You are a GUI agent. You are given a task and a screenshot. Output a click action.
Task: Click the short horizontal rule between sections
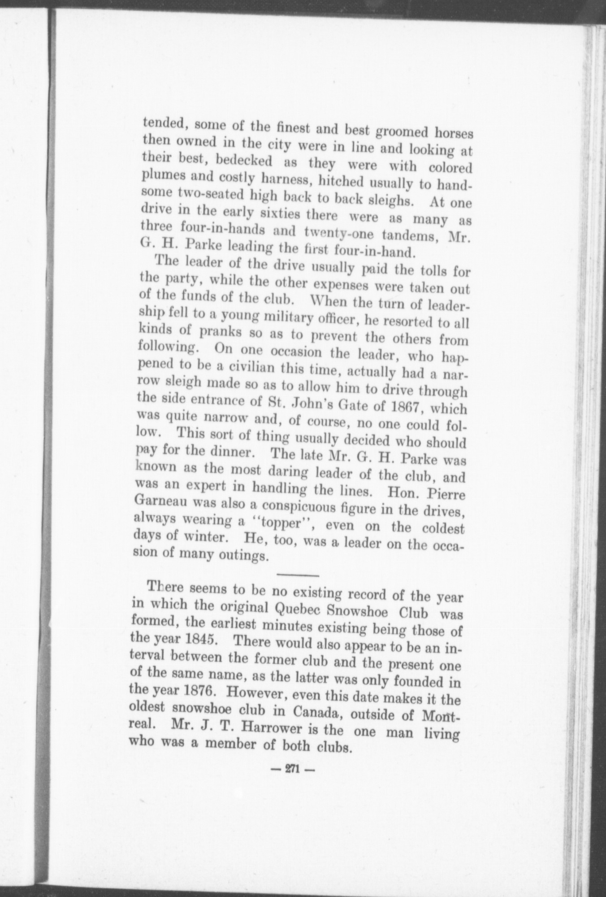tap(298, 575)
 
